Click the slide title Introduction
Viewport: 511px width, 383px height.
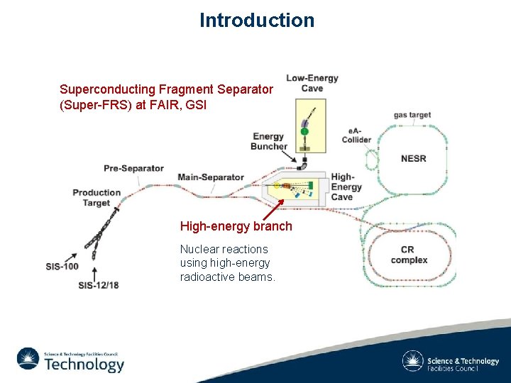pyautogui.click(x=256, y=20)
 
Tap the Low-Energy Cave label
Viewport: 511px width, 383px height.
pyautogui.click(x=312, y=83)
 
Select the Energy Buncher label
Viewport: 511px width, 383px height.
pyautogui.click(x=269, y=141)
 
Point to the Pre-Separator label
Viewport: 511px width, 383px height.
pyautogui.click(x=133, y=168)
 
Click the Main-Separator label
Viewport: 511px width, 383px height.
pyautogui.click(x=211, y=177)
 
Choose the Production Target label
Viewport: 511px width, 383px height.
pyautogui.click(x=97, y=197)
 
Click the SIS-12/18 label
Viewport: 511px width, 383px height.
pyautogui.click(x=99, y=285)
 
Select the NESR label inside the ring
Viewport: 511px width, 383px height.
pyautogui.click(x=413, y=158)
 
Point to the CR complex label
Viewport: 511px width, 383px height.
pyautogui.click(x=409, y=255)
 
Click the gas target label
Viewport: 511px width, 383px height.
pyautogui.click(x=412, y=115)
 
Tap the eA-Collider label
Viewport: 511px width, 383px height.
pyautogui.click(x=356, y=135)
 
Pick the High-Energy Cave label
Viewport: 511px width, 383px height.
pyautogui.click(x=346, y=187)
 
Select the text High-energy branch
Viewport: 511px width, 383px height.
pyautogui.click(x=236, y=226)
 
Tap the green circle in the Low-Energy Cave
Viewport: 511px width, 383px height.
pyautogui.click(x=304, y=131)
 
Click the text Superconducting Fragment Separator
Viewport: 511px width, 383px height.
pyautogui.click(x=166, y=89)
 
